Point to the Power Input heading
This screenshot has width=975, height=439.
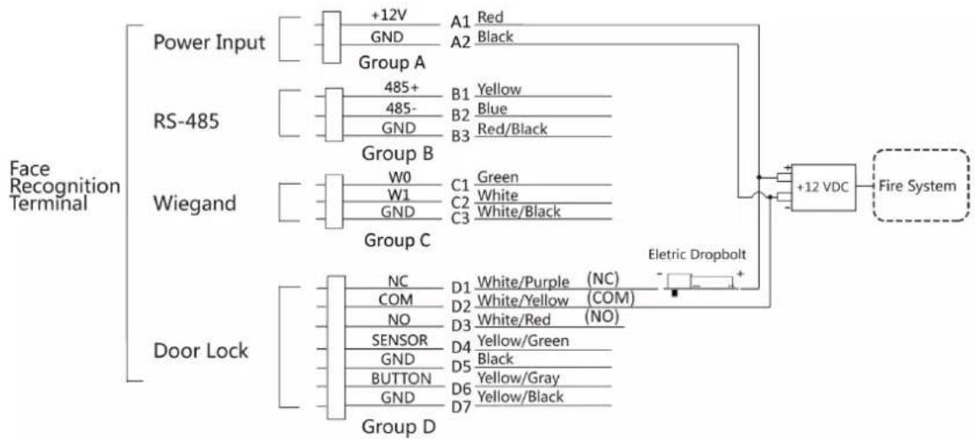click(209, 43)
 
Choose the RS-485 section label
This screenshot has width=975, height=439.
click(186, 121)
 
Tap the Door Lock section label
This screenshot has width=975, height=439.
click(200, 351)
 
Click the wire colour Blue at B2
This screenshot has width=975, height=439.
click(492, 109)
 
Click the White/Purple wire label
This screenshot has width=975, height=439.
click(523, 282)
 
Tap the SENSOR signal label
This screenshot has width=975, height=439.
click(400, 340)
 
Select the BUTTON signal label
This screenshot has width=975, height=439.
click(401, 378)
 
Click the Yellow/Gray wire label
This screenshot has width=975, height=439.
click(518, 377)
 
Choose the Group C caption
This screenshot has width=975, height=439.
click(397, 240)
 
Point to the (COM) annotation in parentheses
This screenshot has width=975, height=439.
click(610, 298)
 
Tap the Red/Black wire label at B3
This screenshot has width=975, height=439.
click(513, 129)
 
